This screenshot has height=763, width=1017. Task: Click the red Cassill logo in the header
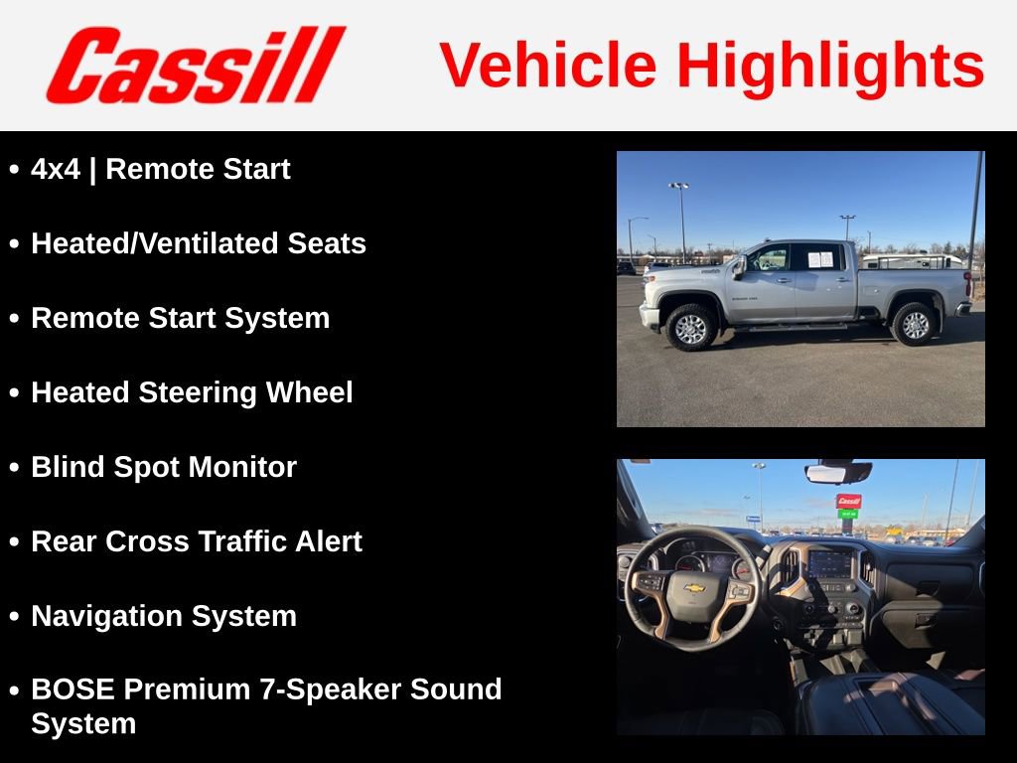point(196,66)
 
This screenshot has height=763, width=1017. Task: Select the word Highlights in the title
point(830,66)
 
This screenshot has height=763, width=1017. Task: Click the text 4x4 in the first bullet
point(55,170)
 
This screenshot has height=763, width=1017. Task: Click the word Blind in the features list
point(65,467)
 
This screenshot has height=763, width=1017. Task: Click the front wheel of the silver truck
point(690,327)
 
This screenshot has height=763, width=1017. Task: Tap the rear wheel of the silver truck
point(914,323)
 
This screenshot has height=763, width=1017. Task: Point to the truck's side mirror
point(739,266)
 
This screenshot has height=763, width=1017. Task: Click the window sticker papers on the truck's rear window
point(820,259)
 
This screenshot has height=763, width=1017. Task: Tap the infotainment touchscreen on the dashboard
point(830,563)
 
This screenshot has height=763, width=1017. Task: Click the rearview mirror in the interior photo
point(838,472)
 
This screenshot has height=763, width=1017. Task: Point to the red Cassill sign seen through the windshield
point(848,502)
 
